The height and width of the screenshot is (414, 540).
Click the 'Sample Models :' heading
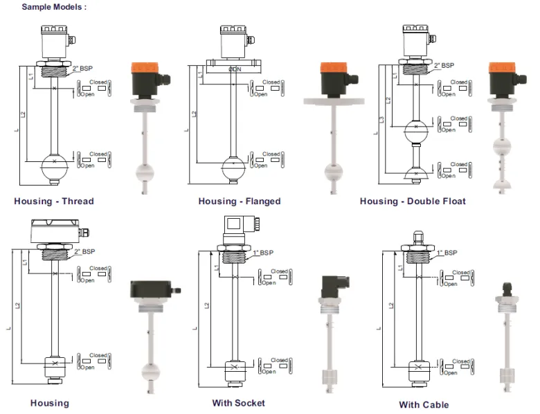54,6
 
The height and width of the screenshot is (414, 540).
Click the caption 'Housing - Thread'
54,201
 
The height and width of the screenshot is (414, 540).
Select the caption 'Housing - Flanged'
240,201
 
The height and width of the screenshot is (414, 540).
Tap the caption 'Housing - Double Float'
413,201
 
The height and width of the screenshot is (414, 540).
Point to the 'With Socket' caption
238,402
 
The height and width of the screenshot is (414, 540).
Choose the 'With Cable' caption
424,404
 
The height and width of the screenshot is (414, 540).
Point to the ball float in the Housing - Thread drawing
55,168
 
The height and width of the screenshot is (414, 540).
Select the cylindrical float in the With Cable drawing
416,368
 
